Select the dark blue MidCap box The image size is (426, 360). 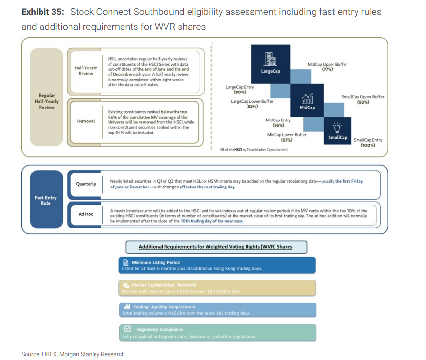point(307,101)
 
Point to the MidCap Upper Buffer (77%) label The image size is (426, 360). point(327,67)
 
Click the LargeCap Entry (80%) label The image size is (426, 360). point(240,90)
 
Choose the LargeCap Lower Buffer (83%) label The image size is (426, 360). point(252,104)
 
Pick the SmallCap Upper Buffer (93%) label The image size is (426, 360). point(363,99)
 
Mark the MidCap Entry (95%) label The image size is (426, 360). point(278,122)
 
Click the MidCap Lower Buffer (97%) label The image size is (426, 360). point(287,137)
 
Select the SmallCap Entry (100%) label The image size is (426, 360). point(368,143)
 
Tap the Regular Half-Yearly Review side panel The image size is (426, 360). point(46,102)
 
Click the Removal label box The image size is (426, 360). point(85,121)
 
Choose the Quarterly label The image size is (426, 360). point(86,184)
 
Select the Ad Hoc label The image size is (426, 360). point(86,213)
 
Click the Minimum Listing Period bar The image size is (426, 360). point(217,266)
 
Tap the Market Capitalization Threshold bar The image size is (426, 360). point(217,288)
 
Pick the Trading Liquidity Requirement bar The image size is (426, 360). point(217,310)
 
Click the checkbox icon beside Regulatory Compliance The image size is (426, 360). point(128,329)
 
